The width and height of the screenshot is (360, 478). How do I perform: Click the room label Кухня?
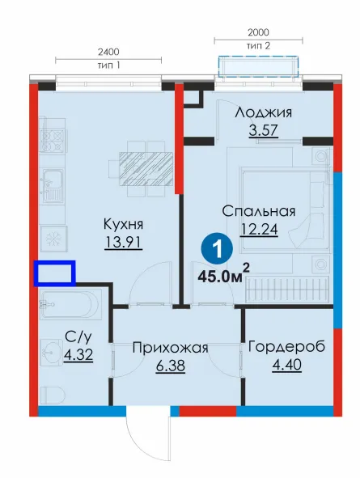[x=123, y=224]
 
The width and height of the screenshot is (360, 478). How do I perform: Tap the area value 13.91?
[x=123, y=243]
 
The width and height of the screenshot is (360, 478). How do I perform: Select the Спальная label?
[x=259, y=211]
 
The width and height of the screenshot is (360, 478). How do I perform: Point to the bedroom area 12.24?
[x=259, y=229]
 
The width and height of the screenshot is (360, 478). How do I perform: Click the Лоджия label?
[x=264, y=112]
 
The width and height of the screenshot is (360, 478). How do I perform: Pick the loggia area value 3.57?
[x=264, y=130]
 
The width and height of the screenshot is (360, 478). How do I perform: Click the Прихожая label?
[x=170, y=348]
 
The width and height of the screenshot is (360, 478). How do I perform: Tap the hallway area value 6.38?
[x=171, y=366]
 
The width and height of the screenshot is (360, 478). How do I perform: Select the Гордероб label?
[x=287, y=347]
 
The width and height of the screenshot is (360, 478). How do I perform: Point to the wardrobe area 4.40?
[x=287, y=365]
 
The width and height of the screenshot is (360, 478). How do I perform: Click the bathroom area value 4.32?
[x=78, y=354]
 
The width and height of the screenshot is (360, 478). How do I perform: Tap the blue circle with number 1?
[x=217, y=249]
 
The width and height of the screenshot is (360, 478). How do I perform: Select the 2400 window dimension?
[x=108, y=52]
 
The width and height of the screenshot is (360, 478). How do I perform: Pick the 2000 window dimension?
[x=258, y=32]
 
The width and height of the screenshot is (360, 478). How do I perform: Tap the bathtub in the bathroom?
[x=70, y=305]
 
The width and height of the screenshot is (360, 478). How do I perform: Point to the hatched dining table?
[x=146, y=168]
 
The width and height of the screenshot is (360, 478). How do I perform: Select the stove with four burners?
[x=53, y=139]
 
